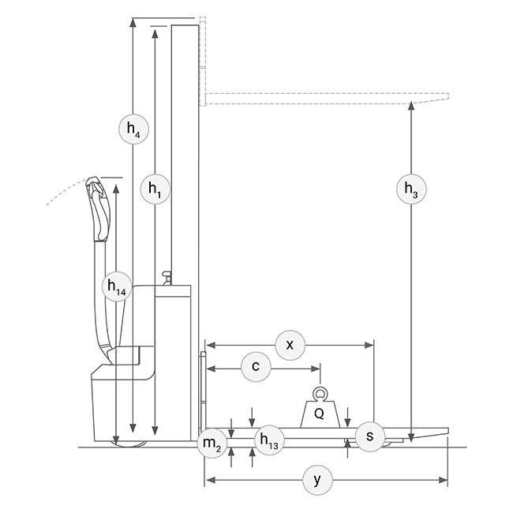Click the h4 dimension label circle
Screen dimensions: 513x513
tap(133, 129)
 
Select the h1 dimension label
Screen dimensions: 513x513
tap(155, 189)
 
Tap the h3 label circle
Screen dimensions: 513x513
tap(411, 189)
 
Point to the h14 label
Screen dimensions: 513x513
tap(117, 286)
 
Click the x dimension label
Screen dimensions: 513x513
tap(290, 345)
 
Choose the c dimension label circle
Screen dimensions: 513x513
tap(256, 367)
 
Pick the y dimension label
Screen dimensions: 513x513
tap(318, 481)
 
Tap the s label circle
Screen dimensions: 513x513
tap(370, 436)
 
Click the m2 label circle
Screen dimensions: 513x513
tap(212, 444)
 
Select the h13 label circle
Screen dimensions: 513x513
tap(269, 440)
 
